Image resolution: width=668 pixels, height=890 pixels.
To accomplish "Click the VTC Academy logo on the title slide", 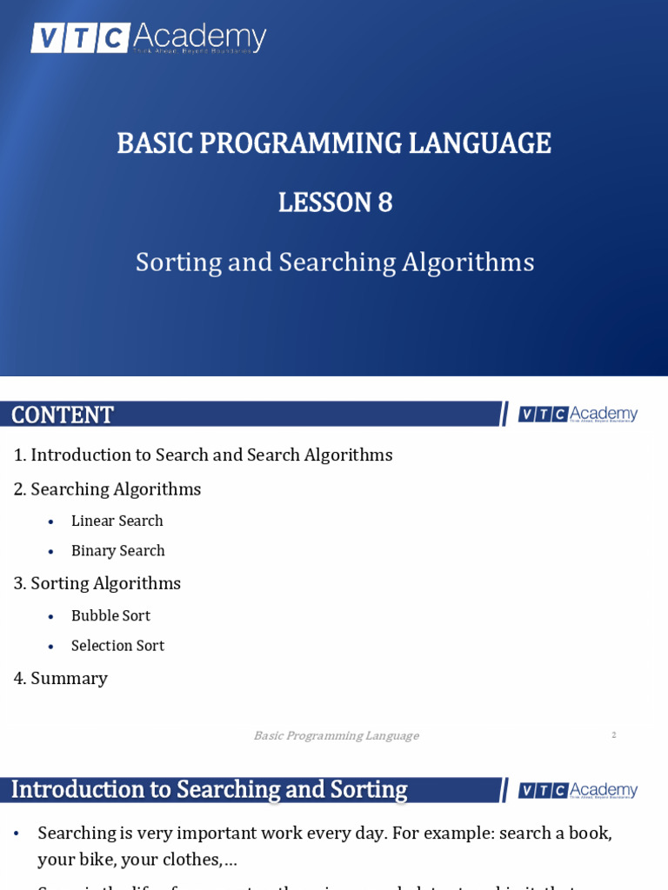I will (148, 38).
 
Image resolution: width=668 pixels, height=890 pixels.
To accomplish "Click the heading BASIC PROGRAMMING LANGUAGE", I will (334, 143).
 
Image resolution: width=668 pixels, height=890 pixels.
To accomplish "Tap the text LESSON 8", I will (335, 203).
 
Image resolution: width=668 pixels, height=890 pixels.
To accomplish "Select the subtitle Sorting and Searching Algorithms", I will (335, 262).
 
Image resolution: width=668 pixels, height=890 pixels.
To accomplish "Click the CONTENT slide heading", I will (63, 415).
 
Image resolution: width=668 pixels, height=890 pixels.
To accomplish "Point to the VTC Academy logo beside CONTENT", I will (578, 415).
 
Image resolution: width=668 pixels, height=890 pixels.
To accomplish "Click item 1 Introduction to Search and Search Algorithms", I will (204, 455).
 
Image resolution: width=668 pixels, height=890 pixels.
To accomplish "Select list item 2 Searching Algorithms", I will (108, 489).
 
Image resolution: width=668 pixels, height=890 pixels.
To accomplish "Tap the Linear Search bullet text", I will (117, 521).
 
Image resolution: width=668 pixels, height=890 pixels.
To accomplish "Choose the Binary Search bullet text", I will (118, 550).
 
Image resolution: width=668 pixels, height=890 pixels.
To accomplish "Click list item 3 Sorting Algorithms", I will (97, 583).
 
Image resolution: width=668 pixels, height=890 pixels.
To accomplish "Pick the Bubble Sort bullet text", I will (110, 615).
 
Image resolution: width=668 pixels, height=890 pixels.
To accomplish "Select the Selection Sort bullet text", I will (117, 646).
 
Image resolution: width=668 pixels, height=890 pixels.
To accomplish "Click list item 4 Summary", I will (61, 678).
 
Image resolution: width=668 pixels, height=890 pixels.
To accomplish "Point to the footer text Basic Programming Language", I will (336, 735).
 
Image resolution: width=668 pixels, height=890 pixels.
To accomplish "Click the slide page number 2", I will (613, 735).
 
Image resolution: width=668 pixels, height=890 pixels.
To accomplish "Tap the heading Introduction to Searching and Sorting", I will (209, 789).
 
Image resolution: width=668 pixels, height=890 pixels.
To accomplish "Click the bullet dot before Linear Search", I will (51, 521).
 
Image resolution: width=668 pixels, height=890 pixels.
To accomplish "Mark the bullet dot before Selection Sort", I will (51, 647).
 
